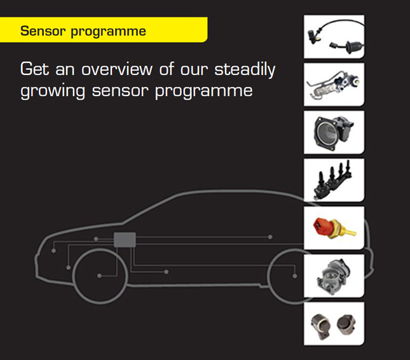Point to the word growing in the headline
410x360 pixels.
(x=51, y=91)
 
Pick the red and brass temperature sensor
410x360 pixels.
(x=334, y=228)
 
